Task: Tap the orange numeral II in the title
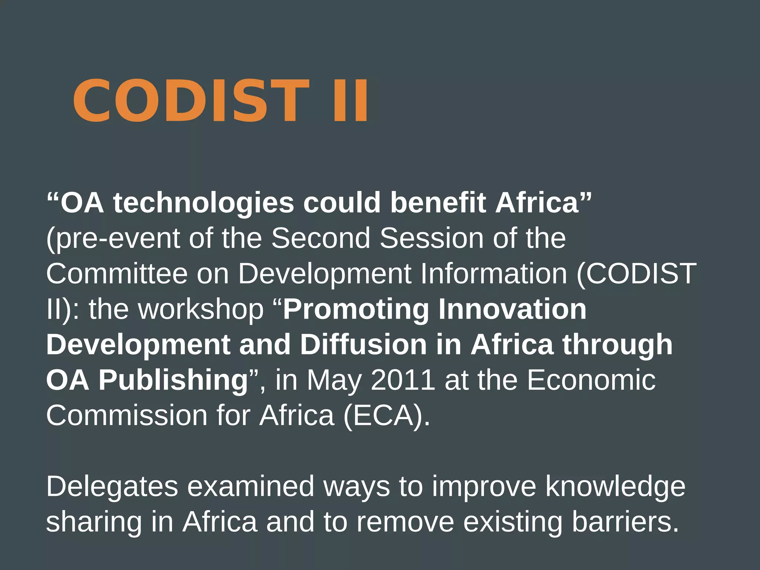click(x=350, y=101)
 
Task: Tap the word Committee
click(x=117, y=273)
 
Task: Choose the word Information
click(x=494, y=273)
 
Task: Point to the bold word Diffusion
click(x=363, y=344)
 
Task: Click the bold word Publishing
click(x=173, y=380)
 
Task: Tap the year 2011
click(x=403, y=380)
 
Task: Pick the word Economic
click(x=591, y=380)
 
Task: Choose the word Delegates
click(x=112, y=487)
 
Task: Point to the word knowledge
click(x=615, y=487)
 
